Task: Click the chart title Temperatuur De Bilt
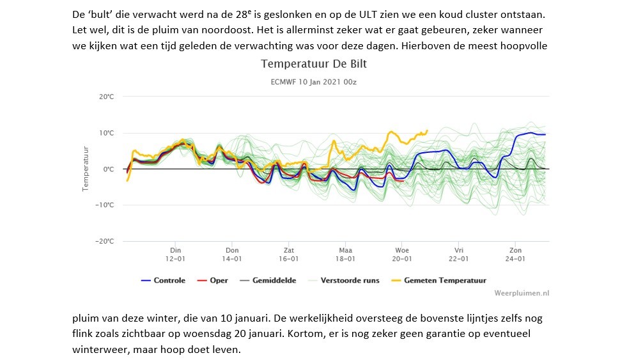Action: click(x=314, y=64)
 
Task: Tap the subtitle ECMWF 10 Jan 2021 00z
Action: click(x=313, y=82)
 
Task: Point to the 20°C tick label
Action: click(x=107, y=97)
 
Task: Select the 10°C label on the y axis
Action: click(x=107, y=133)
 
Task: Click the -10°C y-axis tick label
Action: click(x=104, y=205)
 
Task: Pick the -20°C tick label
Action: click(x=104, y=241)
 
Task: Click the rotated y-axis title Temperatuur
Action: click(x=85, y=169)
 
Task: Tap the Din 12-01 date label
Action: click(x=175, y=254)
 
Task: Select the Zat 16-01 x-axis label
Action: click(x=289, y=254)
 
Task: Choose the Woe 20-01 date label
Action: click(x=402, y=254)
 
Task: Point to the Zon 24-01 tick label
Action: click(x=515, y=254)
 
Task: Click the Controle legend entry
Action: click(x=163, y=281)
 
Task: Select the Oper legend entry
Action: click(x=213, y=281)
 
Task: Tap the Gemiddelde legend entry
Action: click(x=268, y=281)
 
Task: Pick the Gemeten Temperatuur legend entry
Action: click(x=438, y=281)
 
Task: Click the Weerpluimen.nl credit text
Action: click(x=522, y=293)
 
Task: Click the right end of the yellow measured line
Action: click(x=428, y=130)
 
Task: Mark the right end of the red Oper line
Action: click(x=403, y=181)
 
